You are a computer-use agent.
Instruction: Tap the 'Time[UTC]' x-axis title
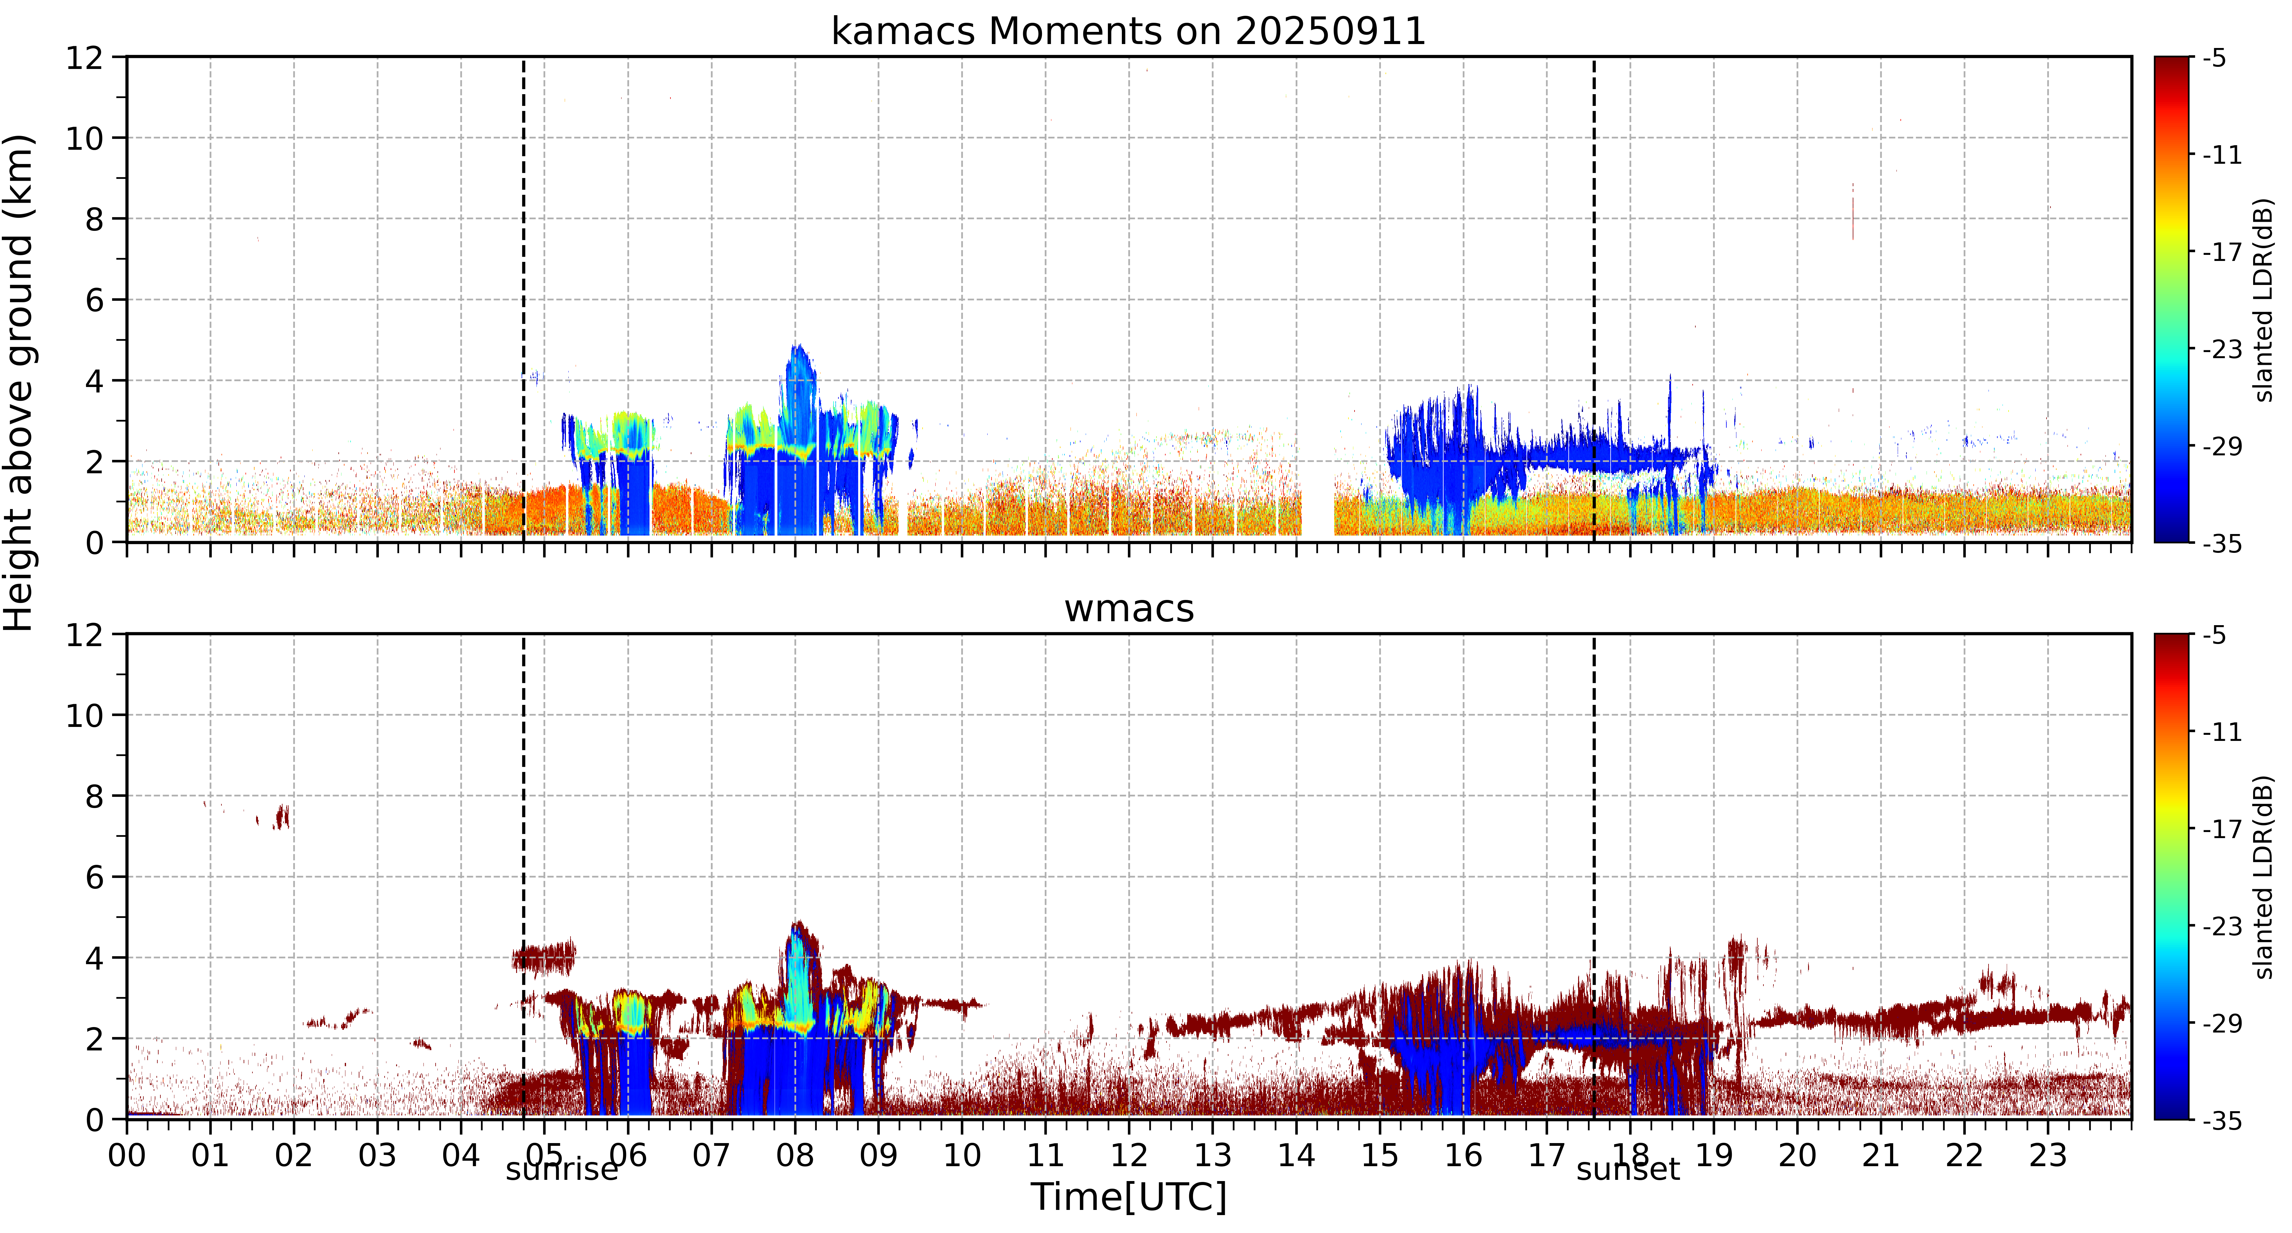coord(1128,1197)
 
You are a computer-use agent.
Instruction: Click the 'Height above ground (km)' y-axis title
coord(19,382)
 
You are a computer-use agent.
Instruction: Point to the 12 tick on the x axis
coord(1128,1155)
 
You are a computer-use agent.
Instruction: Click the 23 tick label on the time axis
coord(2047,1155)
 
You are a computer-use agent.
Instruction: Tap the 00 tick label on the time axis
coord(127,1155)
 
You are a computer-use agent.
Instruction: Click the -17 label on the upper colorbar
coord(2222,252)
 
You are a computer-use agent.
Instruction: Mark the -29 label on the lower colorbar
coord(2222,1023)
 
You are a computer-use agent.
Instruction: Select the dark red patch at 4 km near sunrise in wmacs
coord(544,957)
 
